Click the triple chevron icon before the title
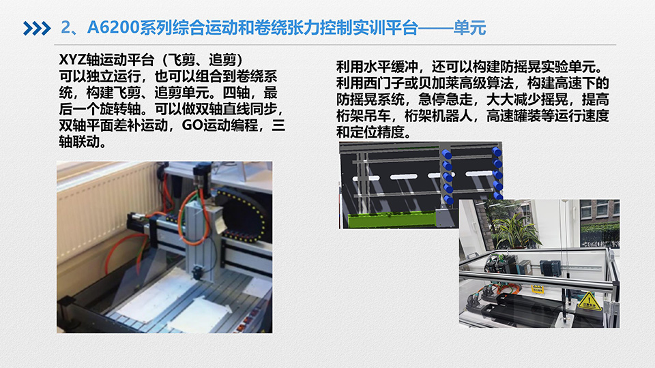(37, 29)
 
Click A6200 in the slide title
(113, 27)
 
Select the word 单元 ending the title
(469, 28)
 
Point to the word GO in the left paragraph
(192, 125)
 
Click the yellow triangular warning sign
(589, 301)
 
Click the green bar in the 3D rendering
(390, 220)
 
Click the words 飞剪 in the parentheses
(181, 60)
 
